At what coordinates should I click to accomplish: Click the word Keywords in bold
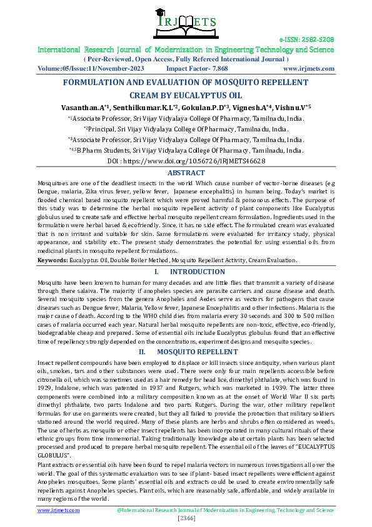[53, 260]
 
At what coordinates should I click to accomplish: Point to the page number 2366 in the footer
[187, 519]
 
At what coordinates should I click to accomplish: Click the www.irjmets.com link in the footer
[59, 510]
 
